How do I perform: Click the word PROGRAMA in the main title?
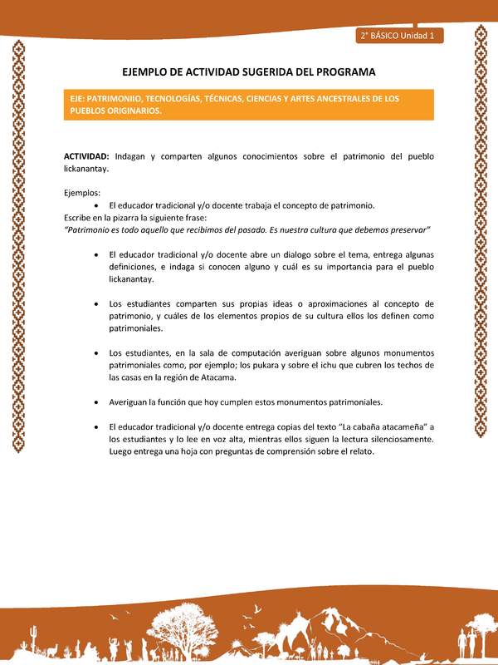point(339,72)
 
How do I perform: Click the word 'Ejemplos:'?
point(82,193)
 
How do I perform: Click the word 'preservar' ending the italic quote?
point(409,229)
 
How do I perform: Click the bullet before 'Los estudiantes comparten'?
point(98,304)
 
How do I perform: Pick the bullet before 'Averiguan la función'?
point(98,402)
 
